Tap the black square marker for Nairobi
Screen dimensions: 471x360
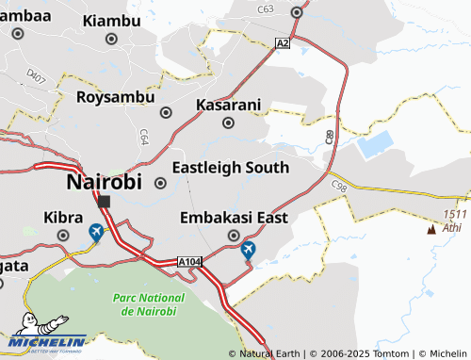(105, 201)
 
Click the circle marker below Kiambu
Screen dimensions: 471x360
(111, 40)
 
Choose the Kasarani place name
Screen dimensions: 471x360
(227, 105)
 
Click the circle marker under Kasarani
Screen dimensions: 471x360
(228, 123)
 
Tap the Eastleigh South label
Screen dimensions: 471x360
(230, 168)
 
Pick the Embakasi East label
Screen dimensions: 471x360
(234, 218)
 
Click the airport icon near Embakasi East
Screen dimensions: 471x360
(248, 250)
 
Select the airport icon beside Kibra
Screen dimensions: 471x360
(96, 231)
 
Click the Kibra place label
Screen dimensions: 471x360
(63, 218)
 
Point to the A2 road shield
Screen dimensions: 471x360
(282, 42)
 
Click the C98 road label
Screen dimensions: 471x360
(339, 189)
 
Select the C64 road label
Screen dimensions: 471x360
(144, 136)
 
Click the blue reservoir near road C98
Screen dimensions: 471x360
(374, 144)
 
